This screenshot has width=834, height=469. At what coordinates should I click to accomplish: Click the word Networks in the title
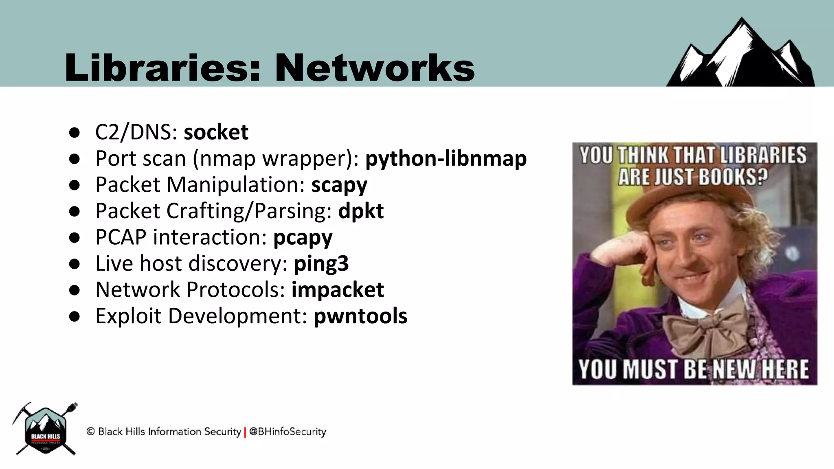[x=375, y=68]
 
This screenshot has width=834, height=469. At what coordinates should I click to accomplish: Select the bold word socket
[x=216, y=132]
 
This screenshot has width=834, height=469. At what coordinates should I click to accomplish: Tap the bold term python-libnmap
[x=446, y=158]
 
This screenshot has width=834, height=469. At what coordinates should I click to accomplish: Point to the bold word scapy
[x=339, y=185]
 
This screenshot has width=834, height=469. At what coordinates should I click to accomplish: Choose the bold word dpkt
[x=361, y=211]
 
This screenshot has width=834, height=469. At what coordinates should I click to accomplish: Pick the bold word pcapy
[x=303, y=238]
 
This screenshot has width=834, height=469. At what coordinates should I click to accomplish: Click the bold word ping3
[x=321, y=264]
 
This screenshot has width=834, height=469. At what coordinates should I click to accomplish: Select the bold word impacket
[x=338, y=289]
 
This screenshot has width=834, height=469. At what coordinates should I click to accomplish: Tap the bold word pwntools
[x=360, y=316]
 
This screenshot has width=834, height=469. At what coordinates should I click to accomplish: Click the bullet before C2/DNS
[x=74, y=133]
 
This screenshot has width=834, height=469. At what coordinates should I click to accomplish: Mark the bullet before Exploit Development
[x=74, y=317]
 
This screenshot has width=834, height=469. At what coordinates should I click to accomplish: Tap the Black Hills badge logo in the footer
[x=45, y=430]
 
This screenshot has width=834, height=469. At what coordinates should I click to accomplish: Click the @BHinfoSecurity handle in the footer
[x=288, y=432]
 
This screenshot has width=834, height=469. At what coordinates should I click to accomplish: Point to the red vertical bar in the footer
[x=245, y=432]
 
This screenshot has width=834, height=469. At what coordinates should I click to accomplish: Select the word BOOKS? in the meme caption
[x=733, y=178]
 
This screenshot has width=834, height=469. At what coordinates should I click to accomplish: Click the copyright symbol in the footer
[x=90, y=432]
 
